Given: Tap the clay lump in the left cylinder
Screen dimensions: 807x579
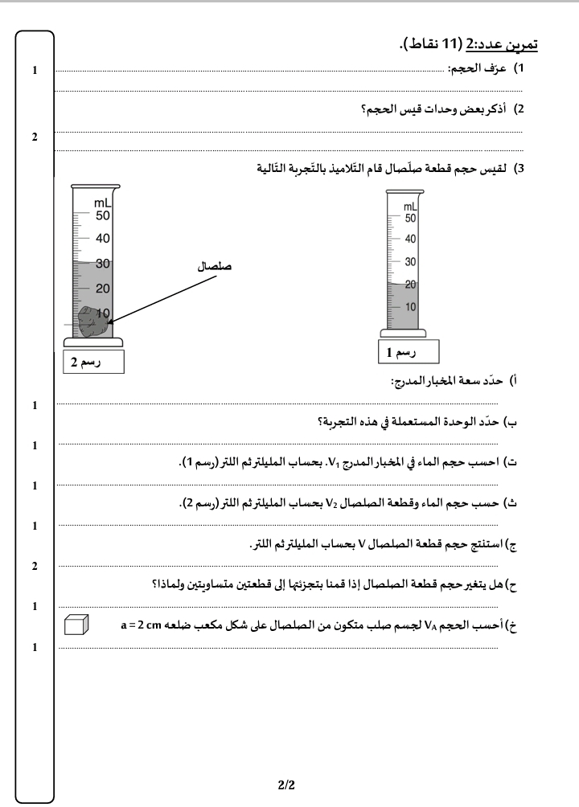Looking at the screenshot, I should pyautogui.click(x=92, y=324).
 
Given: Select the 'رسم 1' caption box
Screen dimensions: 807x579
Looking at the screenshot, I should pyautogui.click(x=409, y=352).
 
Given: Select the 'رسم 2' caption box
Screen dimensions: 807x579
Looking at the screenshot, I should pyautogui.click(x=94, y=363).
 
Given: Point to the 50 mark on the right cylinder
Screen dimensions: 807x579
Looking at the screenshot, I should pyautogui.click(x=411, y=218).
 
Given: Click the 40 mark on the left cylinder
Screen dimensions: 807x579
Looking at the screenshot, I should pyautogui.click(x=103, y=239).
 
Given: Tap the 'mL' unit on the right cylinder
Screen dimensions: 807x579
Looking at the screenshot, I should pyautogui.click(x=410, y=207).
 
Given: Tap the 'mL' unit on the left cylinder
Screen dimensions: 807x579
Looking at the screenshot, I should pyautogui.click(x=104, y=203).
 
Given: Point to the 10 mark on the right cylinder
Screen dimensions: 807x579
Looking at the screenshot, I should pyautogui.click(x=411, y=307).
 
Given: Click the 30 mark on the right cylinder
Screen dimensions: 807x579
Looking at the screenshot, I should pyautogui.click(x=411, y=262).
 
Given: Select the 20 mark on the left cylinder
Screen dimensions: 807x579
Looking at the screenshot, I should pyautogui.click(x=103, y=289).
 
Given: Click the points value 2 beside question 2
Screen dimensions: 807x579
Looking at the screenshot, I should pyautogui.click(x=35, y=137).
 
